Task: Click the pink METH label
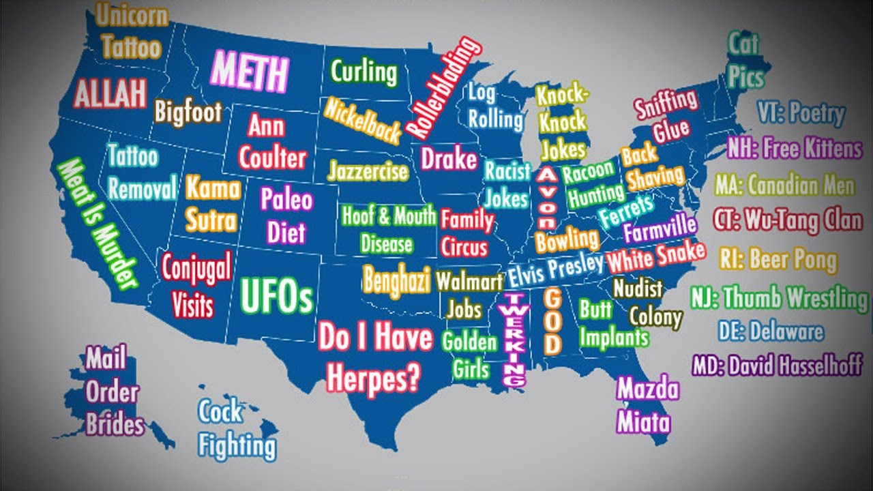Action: point(250,72)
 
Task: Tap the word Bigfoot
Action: point(188,112)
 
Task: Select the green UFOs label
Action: point(277,295)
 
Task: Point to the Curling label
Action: point(364,72)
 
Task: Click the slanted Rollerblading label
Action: point(444,87)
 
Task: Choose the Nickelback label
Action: point(362,121)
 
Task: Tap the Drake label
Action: point(448,159)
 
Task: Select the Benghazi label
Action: point(396,278)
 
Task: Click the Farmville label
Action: point(660,228)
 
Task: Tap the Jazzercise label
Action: point(368,170)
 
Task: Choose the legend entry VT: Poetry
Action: point(801,113)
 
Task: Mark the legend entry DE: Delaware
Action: point(771,331)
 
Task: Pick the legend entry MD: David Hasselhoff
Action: point(777,366)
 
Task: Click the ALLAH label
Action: point(110,94)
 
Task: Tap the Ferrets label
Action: point(627,211)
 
